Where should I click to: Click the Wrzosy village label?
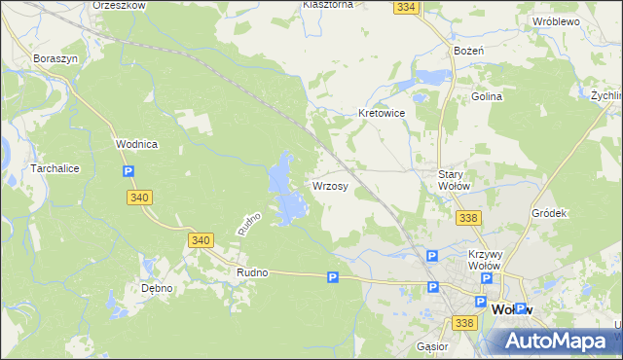point(331,185)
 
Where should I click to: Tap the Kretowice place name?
point(382,113)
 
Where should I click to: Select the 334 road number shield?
point(407,7)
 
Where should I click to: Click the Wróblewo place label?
point(556,20)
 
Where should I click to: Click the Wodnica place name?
point(136,143)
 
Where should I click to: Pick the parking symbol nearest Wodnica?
point(128,172)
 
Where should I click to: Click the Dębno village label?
point(156,288)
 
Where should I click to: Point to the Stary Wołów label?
point(455,180)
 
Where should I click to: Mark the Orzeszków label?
point(119,5)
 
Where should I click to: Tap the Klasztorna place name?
point(327,4)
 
